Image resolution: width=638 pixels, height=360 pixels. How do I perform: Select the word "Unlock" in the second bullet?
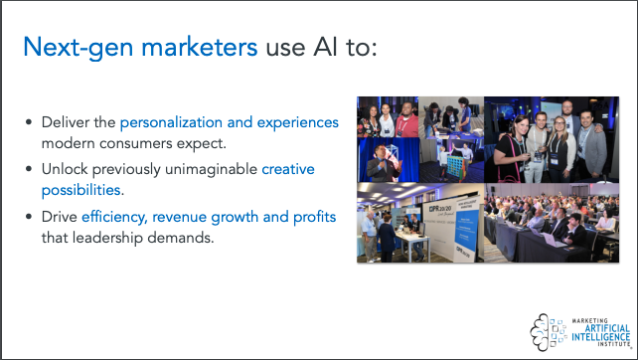(x=65, y=169)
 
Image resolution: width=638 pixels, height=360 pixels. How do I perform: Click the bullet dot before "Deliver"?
(x=29, y=123)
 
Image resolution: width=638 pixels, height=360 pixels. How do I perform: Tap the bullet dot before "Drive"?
(x=29, y=217)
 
